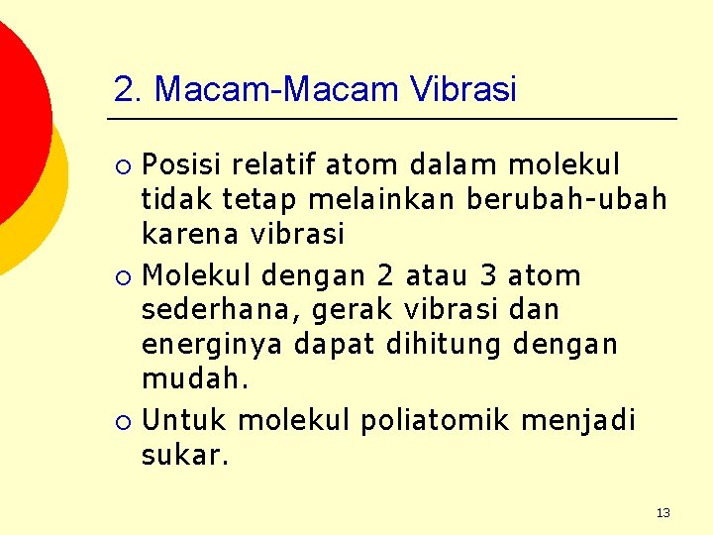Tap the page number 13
point(662,512)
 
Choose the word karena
point(189,235)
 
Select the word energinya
point(210,346)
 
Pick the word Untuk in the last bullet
point(185,419)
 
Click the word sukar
point(185,456)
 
